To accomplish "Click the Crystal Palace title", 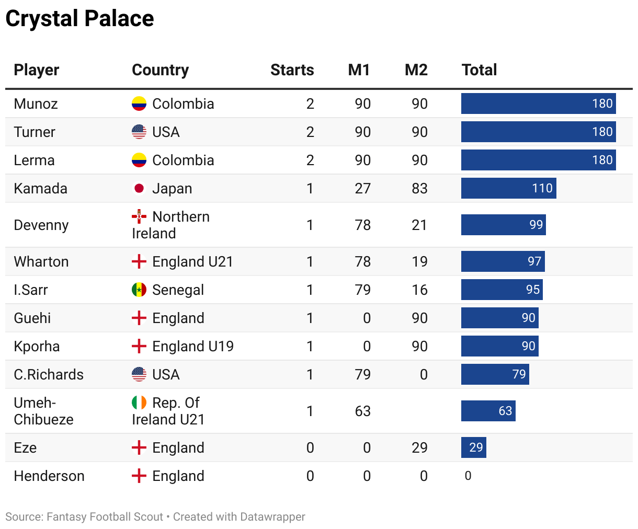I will [79, 19].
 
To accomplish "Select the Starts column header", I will [292, 70].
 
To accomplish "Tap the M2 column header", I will [416, 70].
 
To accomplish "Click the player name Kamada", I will [40, 188].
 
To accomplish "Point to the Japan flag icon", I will [139, 188].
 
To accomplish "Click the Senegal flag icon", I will [139, 290].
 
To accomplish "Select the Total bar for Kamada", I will [508, 188].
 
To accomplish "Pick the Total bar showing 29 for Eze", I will [474, 447].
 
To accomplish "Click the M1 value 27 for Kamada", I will [362, 188].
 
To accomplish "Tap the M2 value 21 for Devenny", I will [419, 225].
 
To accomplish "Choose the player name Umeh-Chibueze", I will [43, 411].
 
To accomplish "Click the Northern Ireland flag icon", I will [139, 216].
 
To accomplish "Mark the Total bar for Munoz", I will [538, 103].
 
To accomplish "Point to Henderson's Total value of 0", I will [468, 476].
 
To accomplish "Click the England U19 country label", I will [192, 346].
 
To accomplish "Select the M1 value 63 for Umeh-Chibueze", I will [362, 411].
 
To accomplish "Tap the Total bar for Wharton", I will [503, 261].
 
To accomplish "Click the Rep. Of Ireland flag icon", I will [139, 402].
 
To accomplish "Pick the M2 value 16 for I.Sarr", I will [419, 290].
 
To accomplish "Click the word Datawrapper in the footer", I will [272, 517].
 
